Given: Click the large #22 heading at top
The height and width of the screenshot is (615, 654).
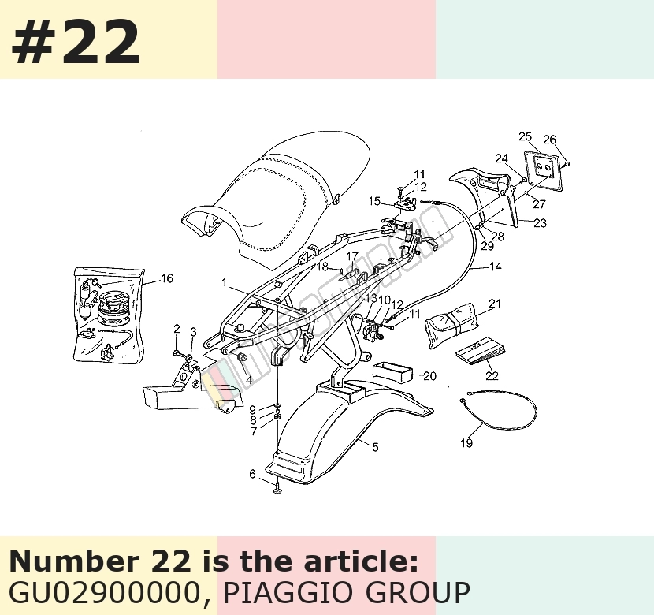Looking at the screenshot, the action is pos(76,42).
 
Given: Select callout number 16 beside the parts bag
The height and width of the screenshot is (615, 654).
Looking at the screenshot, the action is pos(167,278).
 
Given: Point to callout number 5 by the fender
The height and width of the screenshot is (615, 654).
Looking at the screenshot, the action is pos(375,447).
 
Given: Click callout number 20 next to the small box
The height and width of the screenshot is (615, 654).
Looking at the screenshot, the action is pos(429,376).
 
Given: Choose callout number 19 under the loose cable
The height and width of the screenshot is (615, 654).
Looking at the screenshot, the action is pos(466,442).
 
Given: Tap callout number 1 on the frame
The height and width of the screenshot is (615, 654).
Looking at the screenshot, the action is pos(225,282).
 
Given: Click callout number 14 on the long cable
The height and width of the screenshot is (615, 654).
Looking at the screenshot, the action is pos(495,266).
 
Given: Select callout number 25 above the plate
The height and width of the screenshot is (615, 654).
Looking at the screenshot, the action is pos(525,136).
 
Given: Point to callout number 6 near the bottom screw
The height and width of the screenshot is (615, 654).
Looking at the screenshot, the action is pos(252,474).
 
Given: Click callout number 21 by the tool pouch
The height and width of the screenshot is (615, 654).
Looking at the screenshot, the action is pos(495,304).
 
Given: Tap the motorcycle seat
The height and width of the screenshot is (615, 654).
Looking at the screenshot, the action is pos(275,196).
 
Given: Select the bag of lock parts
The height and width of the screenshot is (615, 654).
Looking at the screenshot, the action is pos(109,314).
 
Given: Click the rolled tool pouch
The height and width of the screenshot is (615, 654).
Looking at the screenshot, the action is pos(450,325).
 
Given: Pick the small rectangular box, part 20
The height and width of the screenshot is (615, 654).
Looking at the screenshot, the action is pos(392,372).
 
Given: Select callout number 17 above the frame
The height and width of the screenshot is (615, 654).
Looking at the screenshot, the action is pos(352,256).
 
